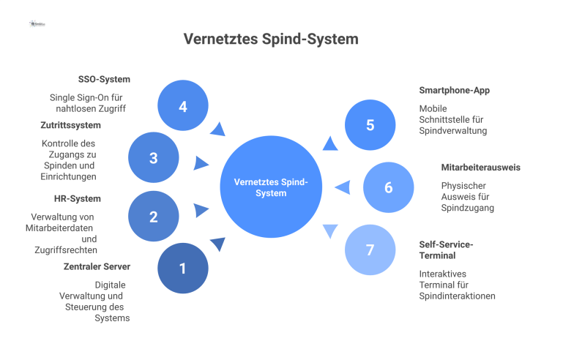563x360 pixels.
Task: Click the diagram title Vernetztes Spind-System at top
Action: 271,39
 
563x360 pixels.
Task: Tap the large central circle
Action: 271,187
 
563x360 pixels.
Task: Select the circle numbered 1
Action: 182,269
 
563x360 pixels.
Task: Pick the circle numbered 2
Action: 153,217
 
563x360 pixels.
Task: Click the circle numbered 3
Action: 153,157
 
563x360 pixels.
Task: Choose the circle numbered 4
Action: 182,106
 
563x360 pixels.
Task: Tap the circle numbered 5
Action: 370,125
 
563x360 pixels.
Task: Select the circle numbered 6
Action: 388,187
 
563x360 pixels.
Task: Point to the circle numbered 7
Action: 370,250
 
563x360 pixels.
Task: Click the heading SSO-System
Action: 104,79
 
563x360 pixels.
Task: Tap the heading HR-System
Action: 78,198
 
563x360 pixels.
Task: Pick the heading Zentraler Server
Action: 96,266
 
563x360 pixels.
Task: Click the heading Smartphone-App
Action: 454,90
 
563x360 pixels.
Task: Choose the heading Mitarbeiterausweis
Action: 480,168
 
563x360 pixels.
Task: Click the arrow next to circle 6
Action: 343,188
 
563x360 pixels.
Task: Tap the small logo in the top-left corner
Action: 37,23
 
